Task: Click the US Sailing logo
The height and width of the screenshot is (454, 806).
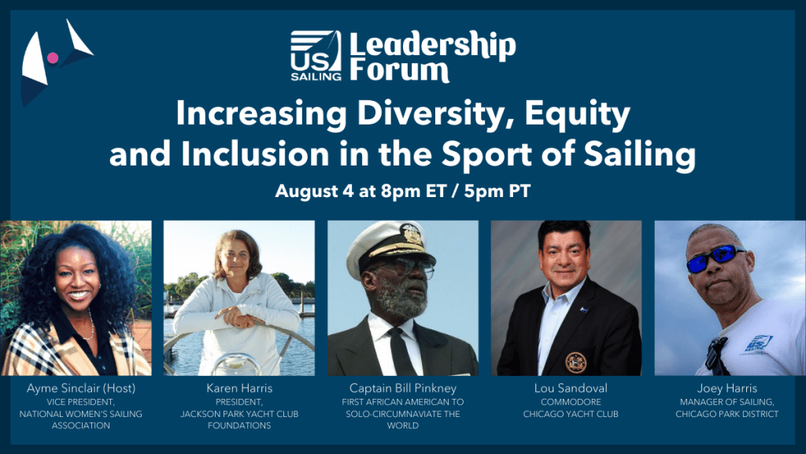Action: pos(316,56)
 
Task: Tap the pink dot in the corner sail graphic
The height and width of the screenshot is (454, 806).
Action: pos(53,58)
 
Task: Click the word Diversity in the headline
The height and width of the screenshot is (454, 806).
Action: pos(430,113)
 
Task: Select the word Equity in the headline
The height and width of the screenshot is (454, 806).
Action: pos(577,114)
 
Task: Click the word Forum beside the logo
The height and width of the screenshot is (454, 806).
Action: pos(400,70)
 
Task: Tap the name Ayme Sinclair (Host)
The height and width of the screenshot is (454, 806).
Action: pos(82,388)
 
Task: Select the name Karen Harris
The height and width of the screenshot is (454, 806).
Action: pos(239,388)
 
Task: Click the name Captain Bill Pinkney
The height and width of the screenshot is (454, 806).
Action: pos(402,388)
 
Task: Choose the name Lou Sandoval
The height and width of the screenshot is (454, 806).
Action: pos(571,388)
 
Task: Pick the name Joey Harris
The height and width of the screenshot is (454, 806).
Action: pos(727,388)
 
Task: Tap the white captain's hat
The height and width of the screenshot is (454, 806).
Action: pos(389,247)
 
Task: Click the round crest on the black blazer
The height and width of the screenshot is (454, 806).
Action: pos(575,363)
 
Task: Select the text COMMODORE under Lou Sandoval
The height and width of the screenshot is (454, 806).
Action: pos(571,402)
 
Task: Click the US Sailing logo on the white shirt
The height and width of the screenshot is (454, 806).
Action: pos(759,344)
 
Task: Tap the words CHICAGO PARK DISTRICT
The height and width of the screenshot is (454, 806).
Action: pos(727,414)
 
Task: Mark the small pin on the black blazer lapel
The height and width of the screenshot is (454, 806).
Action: pos(584,309)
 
